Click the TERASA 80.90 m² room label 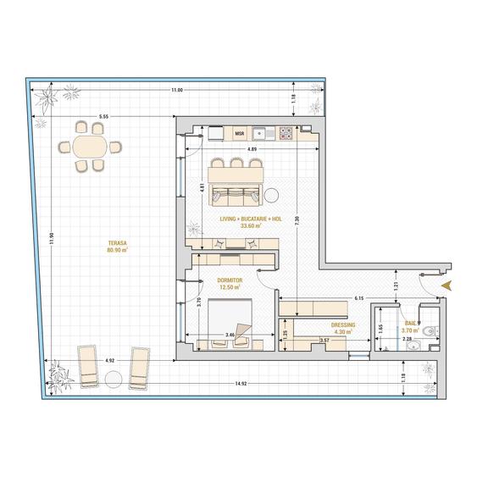[x=117, y=247]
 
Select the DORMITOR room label [x=230, y=283]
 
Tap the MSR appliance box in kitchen [x=239, y=133]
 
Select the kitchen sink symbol [x=266, y=133]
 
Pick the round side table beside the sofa [x=274, y=195]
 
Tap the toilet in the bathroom [x=430, y=331]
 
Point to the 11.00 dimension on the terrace [x=175, y=90]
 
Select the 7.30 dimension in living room [x=296, y=219]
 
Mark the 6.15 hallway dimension [x=358, y=298]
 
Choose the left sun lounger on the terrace [x=88, y=364]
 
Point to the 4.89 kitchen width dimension [x=252, y=149]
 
